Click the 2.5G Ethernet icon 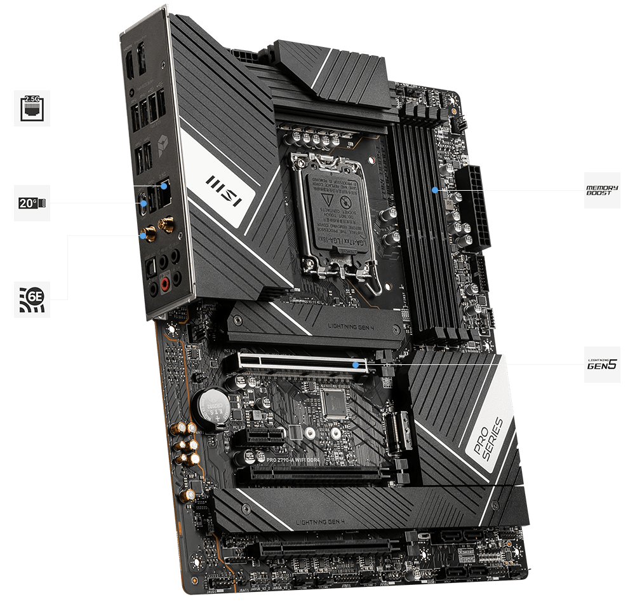coord(32,108)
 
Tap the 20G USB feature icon coord(32,203)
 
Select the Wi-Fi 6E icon coord(32,300)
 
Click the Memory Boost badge coord(601,189)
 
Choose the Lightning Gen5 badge coord(601,365)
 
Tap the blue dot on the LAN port coord(164,186)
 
